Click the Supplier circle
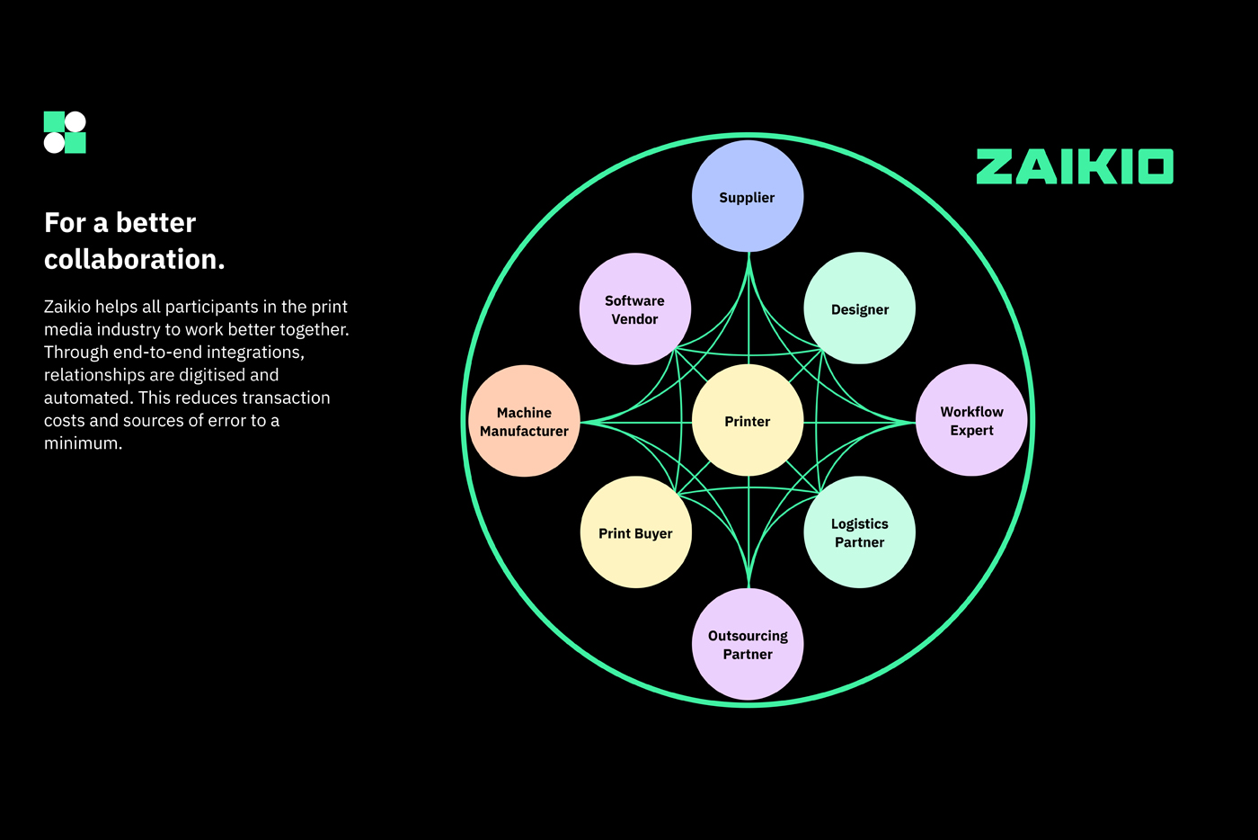747,197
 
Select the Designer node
859,309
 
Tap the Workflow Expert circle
971,421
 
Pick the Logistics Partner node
859,532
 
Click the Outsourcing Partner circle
748,644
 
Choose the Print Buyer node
635,532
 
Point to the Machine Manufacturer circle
524,421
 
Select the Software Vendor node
634,309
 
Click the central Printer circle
748,421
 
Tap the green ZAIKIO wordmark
1075,167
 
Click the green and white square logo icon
65,132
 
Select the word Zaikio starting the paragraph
67,307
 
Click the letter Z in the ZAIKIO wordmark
995,167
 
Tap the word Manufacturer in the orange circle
524,431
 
